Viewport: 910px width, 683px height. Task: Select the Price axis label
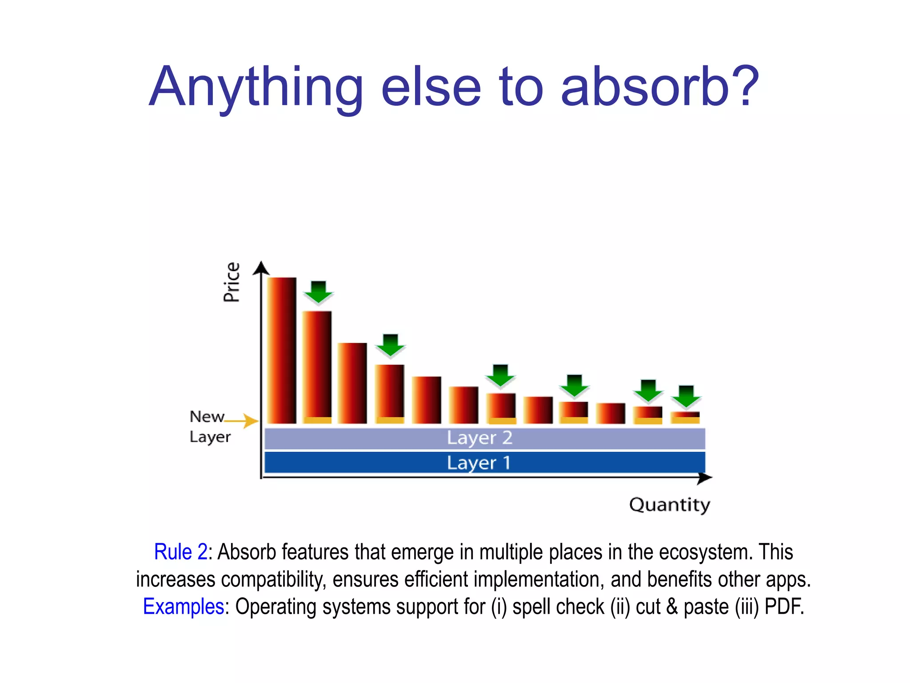pos(231,282)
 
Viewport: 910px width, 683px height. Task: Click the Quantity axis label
pos(670,505)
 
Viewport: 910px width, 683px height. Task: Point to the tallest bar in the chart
pos(282,350)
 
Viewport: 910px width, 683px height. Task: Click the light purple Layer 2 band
pos(484,438)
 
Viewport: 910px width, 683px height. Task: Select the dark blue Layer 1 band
pos(484,462)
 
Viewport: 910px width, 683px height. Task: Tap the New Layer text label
pos(209,427)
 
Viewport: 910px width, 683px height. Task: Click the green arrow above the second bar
pos(318,292)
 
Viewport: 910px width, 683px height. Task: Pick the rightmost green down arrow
pos(686,396)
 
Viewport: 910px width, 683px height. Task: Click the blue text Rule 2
pos(180,552)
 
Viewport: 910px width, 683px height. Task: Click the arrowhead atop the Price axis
pos(261,268)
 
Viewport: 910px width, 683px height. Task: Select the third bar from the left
pos(352,383)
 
